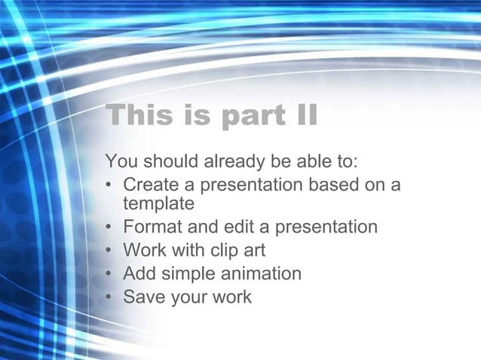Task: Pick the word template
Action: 158,203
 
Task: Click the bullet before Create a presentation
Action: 110,185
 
